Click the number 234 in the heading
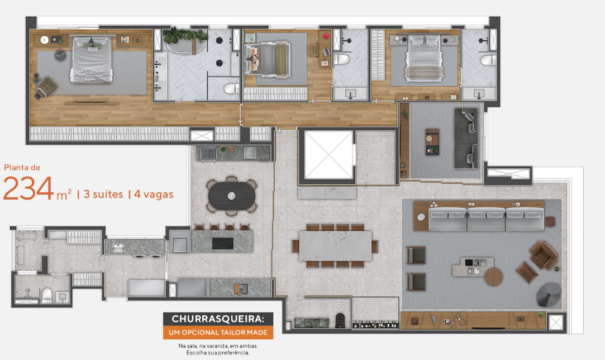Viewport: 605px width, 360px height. (28, 188)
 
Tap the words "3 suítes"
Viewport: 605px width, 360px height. (103, 194)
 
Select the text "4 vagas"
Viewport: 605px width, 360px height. (154, 195)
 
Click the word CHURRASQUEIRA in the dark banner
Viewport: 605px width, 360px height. (218, 319)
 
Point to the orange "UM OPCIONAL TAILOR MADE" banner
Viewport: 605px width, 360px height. (218, 332)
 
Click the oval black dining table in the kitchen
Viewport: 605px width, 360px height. (232, 196)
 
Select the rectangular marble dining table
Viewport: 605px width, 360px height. (335, 245)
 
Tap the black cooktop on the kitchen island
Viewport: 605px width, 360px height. (223, 243)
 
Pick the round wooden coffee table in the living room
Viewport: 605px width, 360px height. (493, 277)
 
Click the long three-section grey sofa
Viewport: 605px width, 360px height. (486, 219)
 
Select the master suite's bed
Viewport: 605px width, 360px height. (92, 59)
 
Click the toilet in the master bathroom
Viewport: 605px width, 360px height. (231, 89)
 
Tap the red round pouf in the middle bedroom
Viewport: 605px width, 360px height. (326, 36)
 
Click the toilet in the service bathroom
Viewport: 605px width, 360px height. (46, 296)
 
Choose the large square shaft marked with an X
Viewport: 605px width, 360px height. (328, 154)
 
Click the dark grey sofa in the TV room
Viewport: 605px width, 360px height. (466, 138)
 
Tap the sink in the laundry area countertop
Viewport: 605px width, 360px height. (117, 248)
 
